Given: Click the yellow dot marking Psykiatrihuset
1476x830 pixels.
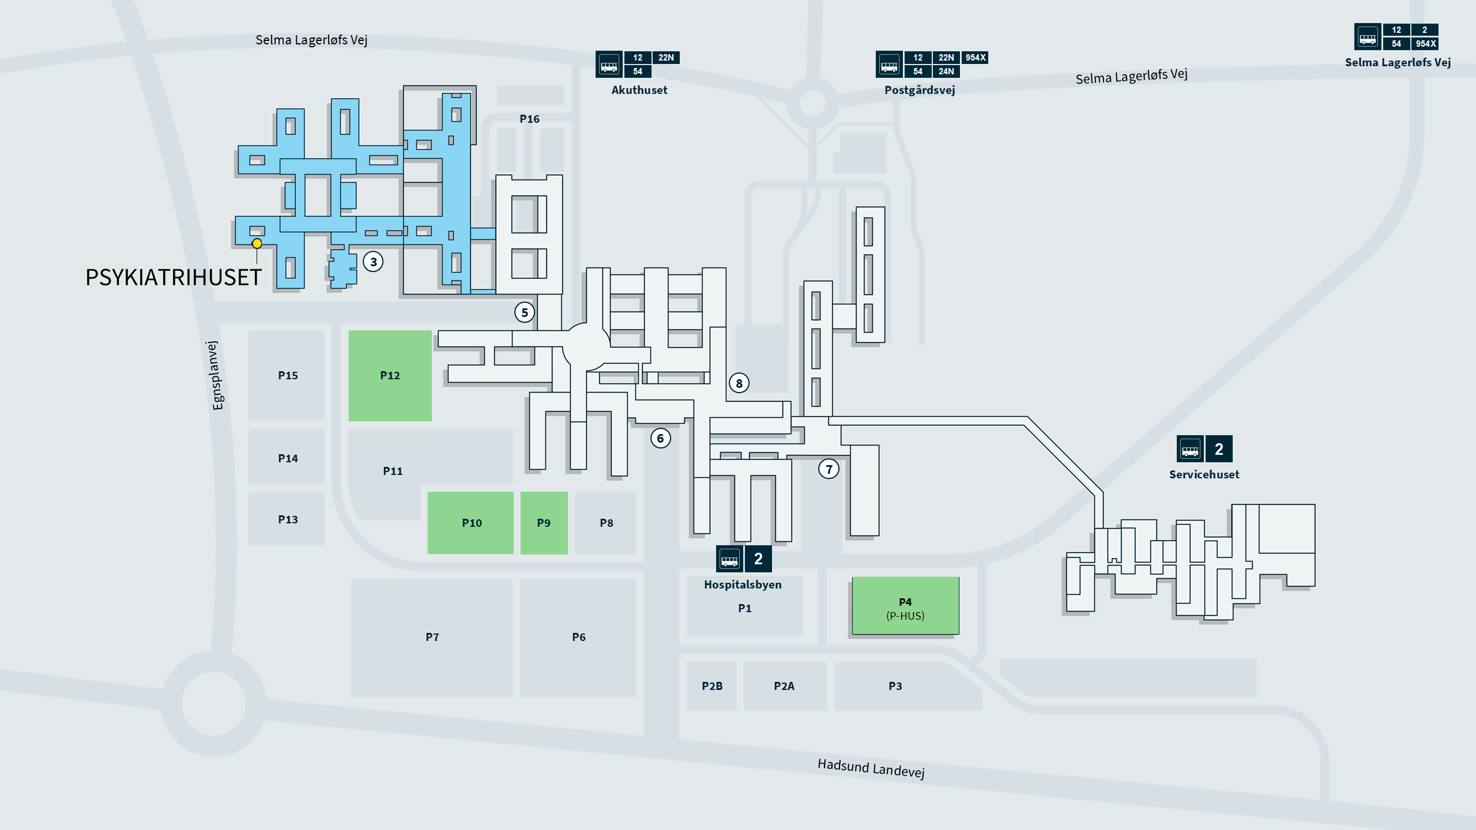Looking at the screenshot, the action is tap(257, 244).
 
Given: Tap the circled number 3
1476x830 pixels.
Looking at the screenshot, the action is tap(374, 262).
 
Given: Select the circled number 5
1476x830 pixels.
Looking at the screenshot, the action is tap(525, 312).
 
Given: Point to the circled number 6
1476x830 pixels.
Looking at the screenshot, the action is tap(661, 438).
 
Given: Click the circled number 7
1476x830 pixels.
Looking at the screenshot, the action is tap(829, 469).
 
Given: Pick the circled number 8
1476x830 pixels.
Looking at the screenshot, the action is tap(739, 383).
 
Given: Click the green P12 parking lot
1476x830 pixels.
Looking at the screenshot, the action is tap(390, 376).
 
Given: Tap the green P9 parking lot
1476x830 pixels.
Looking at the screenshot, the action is tap(544, 523).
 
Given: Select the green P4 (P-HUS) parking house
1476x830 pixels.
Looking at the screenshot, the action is tap(906, 606).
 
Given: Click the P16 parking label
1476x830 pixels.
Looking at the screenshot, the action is tap(530, 119).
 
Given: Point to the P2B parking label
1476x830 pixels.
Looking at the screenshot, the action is tap(712, 686).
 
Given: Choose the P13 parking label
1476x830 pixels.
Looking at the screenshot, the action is tap(288, 519).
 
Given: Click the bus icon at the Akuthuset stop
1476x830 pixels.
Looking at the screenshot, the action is tap(609, 64).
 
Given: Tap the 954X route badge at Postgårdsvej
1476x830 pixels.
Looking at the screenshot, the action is tap(976, 58).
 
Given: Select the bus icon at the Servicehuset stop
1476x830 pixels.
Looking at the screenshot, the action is tap(1190, 449).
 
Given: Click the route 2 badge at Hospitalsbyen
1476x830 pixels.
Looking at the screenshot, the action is tap(758, 559).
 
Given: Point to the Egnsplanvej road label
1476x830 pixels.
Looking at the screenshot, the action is tap(215, 375).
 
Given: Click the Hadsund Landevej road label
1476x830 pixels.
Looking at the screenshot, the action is tap(871, 768).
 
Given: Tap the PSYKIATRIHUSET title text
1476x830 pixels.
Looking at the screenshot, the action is tap(174, 278).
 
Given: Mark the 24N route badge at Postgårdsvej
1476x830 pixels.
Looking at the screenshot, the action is tap(946, 71).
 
